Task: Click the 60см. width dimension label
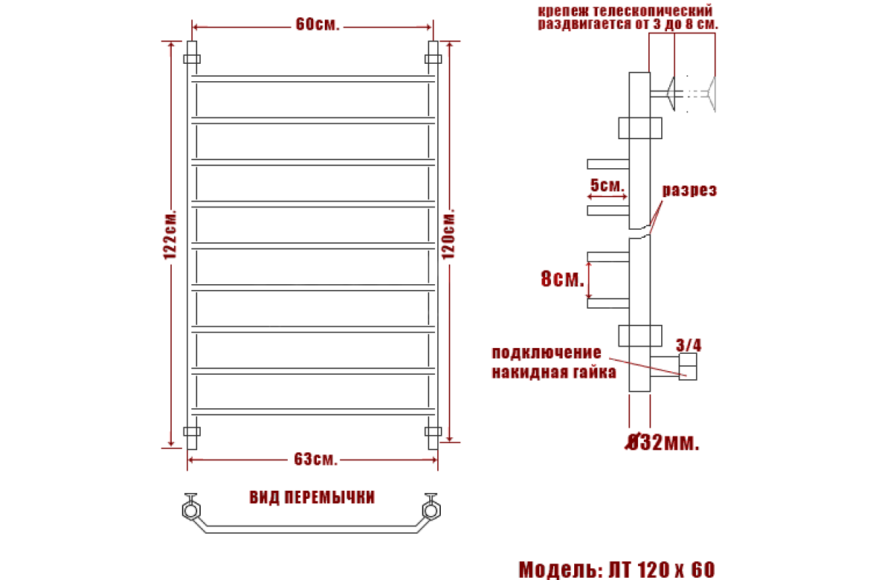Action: pyautogui.click(x=318, y=24)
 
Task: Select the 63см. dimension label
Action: pyautogui.click(x=315, y=459)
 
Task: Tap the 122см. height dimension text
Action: pyautogui.click(x=170, y=234)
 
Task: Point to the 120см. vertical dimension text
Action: pyautogui.click(x=448, y=234)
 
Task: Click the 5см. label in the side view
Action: pyautogui.click(x=607, y=186)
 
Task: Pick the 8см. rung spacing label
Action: pyautogui.click(x=563, y=278)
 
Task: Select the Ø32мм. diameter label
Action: pyautogui.click(x=662, y=442)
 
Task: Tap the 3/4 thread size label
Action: pyautogui.click(x=689, y=345)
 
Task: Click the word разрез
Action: pyautogui.click(x=689, y=191)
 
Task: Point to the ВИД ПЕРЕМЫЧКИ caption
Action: pyautogui.click(x=312, y=497)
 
